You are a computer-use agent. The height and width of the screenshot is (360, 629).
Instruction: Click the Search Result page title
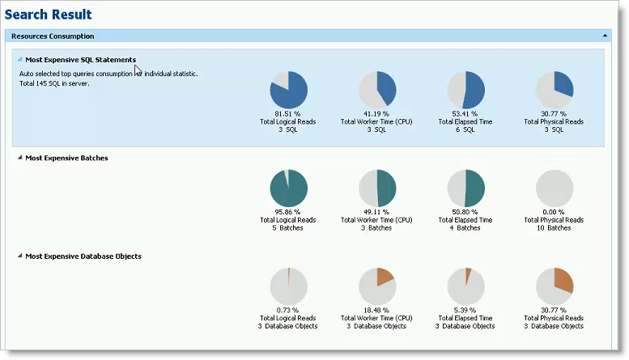click(x=49, y=15)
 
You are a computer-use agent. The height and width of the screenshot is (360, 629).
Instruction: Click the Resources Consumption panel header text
click(x=53, y=36)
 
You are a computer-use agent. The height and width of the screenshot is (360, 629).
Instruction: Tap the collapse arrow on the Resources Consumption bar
click(x=605, y=36)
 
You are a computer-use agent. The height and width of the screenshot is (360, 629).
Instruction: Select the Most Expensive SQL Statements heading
click(x=80, y=59)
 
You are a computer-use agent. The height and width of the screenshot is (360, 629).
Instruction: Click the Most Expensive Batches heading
click(x=66, y=158)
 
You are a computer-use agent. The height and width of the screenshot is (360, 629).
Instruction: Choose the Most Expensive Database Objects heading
click(x=83, y=256)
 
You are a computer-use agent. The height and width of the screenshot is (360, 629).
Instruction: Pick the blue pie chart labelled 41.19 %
click(x=376, y=89)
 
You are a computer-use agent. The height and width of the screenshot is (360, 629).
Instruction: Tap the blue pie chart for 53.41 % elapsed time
click(x=465, y=89)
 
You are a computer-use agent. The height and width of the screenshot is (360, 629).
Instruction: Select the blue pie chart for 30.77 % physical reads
click(x=555, y=89)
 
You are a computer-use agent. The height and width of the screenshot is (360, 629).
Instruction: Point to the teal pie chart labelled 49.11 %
click(x=376, y=188)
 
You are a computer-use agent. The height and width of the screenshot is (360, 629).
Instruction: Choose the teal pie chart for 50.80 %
click(x=465, y=188)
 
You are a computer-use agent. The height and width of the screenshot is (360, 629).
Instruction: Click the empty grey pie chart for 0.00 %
click(x=555, y=188)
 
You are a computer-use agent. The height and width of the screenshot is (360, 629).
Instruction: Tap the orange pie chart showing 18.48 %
click(x=376, y=286)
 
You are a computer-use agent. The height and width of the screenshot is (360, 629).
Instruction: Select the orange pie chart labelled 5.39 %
click(x=465, y=286)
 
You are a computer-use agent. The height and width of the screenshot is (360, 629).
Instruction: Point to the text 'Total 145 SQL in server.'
click(x=54, y=83)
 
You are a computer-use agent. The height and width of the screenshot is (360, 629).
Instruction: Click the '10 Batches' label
click(x=554, y=228)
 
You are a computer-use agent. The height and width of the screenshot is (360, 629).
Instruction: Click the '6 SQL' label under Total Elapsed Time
click(x=465, y=129)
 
